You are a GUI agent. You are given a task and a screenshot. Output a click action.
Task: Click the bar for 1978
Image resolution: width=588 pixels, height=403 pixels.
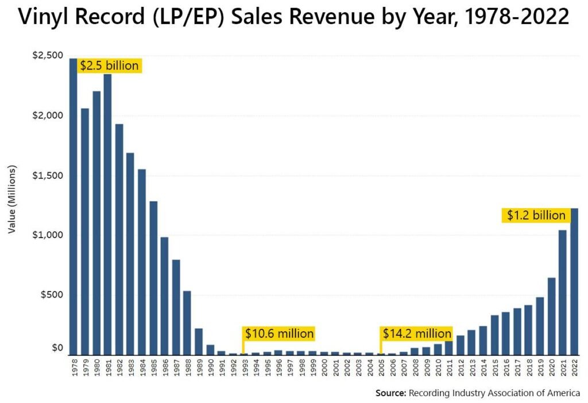[73, 207]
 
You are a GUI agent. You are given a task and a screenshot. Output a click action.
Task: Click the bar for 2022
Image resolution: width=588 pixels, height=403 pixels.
[574, 282]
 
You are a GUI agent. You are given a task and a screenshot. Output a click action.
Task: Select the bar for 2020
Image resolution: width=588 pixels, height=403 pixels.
[551, 316]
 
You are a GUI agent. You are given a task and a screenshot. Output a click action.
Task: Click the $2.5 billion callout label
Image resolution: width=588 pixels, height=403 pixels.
[109, 66]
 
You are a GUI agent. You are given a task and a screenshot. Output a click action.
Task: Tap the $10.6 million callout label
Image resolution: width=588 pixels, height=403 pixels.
[279, 333]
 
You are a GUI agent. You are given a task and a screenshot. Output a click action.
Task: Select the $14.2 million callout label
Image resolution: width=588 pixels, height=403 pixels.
[416, 333]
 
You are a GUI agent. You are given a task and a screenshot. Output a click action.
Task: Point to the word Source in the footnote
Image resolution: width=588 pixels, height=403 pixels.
[390, 393]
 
